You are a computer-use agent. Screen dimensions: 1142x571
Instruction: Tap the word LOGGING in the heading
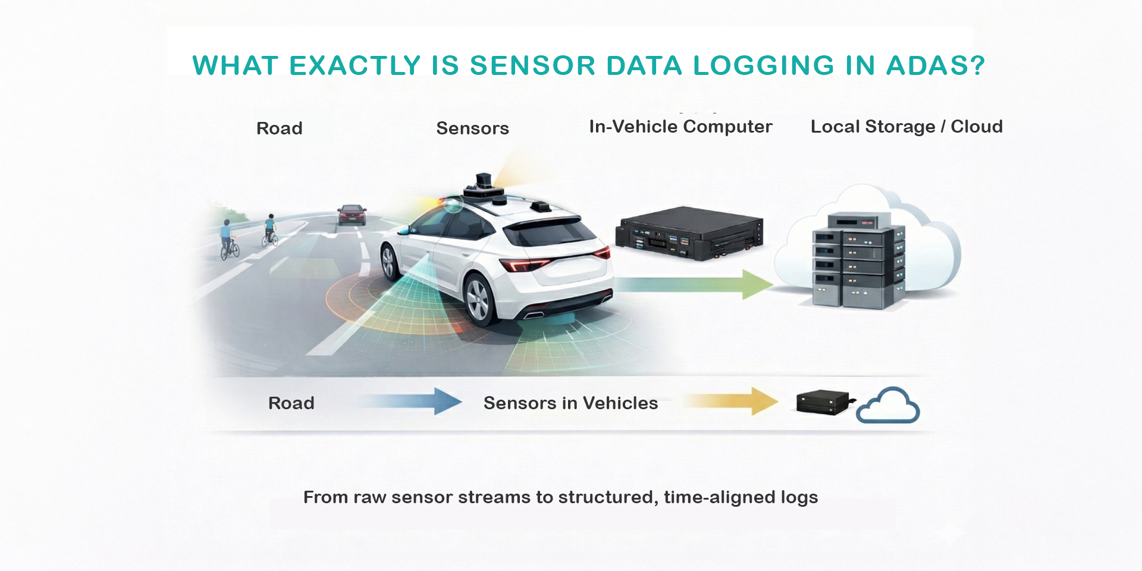pos(764,65)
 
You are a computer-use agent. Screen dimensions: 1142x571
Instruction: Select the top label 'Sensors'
pos(472,128)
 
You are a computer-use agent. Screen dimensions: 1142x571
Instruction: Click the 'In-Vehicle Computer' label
pos(680,127)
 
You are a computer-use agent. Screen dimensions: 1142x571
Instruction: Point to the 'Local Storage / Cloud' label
pos(906,127)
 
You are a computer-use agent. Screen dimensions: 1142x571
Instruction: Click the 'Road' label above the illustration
pos(280,128)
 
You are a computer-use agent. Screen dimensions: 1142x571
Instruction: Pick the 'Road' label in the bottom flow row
pos(291,403)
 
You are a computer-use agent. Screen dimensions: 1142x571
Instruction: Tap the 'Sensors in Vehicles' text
pos(570,403)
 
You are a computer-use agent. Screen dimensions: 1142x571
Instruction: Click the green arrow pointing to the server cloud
pos(696,284)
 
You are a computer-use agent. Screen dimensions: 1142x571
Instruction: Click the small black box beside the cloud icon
pos(823,403)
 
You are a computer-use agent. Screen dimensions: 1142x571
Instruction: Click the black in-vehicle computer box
pos(690,233)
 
